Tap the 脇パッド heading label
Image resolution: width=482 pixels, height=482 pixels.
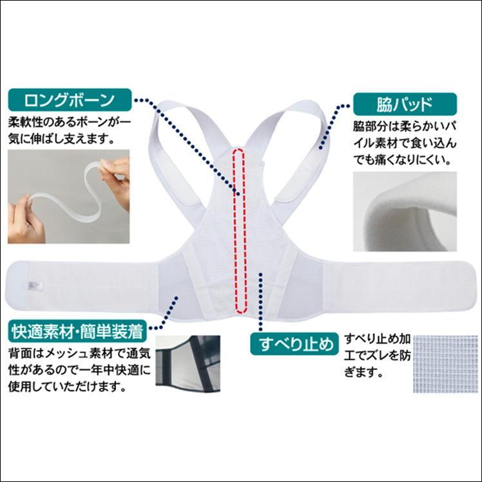pyautogui.click(x=404, y=103)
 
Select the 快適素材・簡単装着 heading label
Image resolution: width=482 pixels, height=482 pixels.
pyautogui.click(x=77, y=333)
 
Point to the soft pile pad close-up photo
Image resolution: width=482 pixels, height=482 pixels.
pyautogui.click(x=404, y=213)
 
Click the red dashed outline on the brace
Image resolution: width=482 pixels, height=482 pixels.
pyautogui.click(x=240, y=229)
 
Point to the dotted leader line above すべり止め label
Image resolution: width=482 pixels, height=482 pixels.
pyautogui.click(x=260, y=303)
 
